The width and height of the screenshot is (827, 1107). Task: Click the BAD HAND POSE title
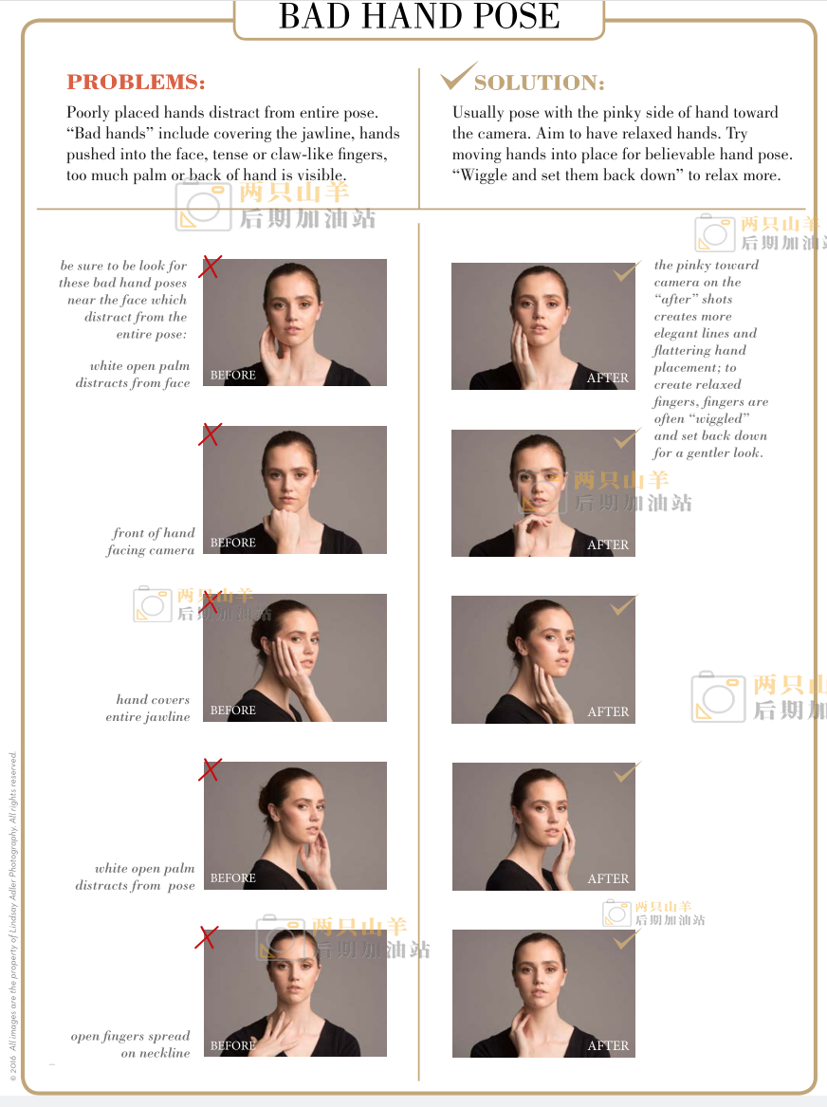419,15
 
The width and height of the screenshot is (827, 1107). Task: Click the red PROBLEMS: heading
137,82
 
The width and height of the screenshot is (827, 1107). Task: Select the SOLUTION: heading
539,83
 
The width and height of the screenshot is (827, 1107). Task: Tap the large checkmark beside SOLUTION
459,76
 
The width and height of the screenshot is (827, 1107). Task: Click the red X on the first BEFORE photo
211,267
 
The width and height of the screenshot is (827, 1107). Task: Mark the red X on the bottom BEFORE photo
206,937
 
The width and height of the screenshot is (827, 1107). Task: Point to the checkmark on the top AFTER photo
626,270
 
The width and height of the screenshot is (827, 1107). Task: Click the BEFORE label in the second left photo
233,543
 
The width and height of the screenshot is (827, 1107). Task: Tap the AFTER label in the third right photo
608,711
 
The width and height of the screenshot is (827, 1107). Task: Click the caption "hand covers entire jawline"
148,708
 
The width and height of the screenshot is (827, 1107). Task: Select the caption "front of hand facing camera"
151,542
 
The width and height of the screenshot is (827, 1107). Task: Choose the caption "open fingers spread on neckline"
131,1044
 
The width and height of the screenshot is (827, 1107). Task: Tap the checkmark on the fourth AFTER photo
626,771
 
